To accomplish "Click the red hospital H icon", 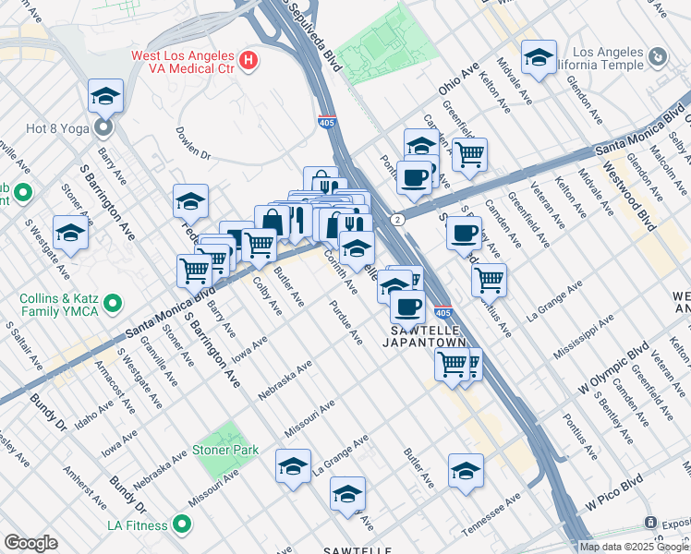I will pos(248,62).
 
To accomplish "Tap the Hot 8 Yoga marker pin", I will pos(104,126).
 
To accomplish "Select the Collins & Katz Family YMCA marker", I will pos(113,302).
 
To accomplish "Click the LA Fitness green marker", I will pos(182,525).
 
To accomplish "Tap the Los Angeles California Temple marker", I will pos(658,56).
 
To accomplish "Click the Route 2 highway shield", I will pos(396,219).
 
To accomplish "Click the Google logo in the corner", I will pos(30,542).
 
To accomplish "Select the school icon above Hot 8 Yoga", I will pos(106,95).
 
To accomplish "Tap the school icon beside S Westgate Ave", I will pos(70,233).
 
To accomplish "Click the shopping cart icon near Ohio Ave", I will pos(469,154).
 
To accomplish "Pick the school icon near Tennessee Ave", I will pos(467,470).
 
